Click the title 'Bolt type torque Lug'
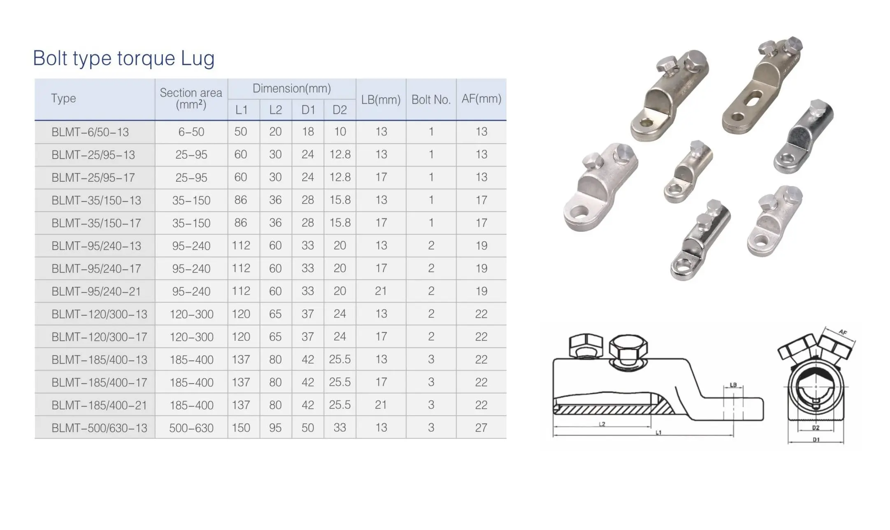[124, 58]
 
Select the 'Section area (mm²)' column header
[191, 99]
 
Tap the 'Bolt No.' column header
[431, 100]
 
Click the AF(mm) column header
[481, 99]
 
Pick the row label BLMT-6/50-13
[90, 132]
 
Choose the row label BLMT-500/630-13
[99, 428]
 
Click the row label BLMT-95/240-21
[96, 292]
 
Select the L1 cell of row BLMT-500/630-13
[241, 428]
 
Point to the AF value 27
[481, 428]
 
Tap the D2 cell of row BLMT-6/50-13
[340, 132]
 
